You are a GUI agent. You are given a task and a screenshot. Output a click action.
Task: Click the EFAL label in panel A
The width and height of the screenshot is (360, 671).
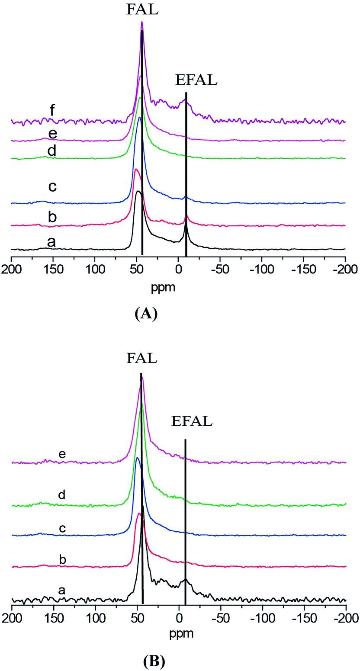coord(196,80)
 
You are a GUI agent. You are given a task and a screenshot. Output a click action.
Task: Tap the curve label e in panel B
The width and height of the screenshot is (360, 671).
coord(62,454)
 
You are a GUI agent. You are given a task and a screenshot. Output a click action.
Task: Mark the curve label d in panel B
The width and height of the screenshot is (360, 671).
coord(62,495)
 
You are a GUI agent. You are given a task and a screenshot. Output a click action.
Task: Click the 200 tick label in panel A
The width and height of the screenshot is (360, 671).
coord(12,273)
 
